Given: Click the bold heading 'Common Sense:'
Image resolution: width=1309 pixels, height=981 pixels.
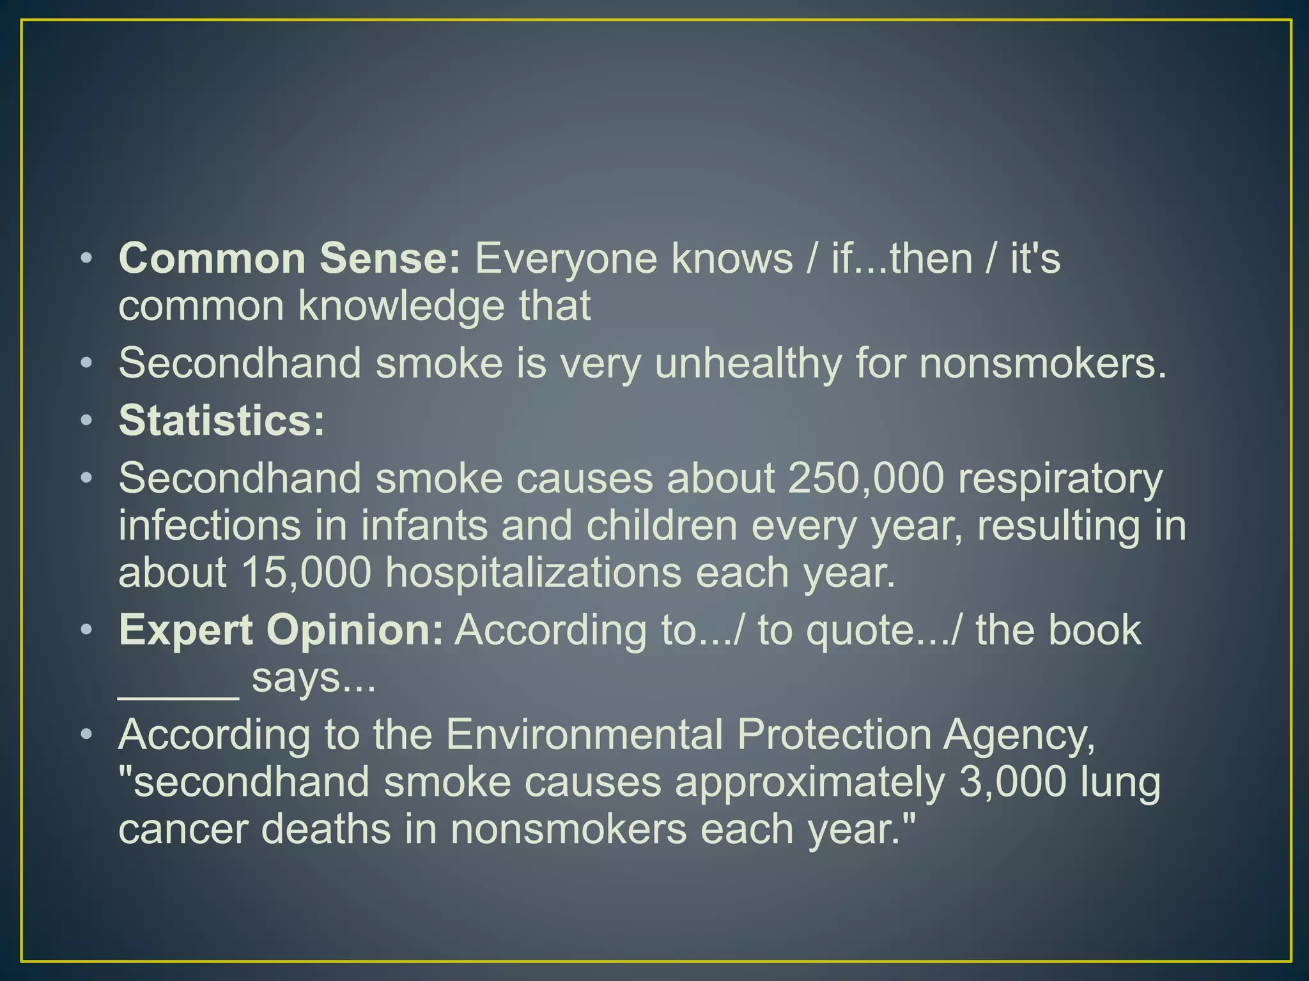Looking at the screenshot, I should point(289,259).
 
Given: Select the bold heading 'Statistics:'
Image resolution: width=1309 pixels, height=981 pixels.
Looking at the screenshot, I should point(222,421).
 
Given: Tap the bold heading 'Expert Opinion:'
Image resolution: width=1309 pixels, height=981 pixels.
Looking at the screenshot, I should point(281,630).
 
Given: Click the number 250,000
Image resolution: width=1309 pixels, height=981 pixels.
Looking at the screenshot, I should point(865,478).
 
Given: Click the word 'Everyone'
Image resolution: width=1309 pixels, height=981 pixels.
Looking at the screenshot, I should point(566,259).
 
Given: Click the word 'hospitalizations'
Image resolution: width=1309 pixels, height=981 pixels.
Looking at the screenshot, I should point(533,573).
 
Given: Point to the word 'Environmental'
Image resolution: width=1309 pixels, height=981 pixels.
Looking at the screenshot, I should point(584,734).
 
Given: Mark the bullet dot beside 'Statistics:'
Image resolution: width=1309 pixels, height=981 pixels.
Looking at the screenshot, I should point(87,421).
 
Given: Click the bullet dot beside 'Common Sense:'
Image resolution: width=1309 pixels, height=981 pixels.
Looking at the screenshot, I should point(87,259).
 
